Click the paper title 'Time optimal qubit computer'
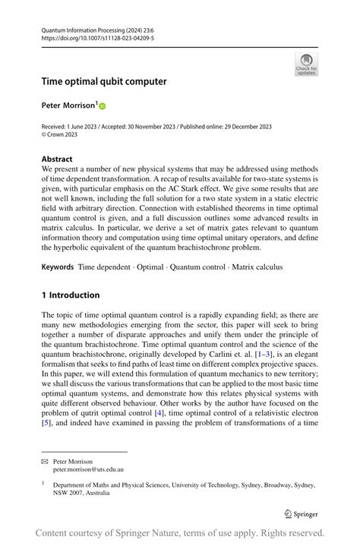[104, 81]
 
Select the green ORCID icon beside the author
[103, 107]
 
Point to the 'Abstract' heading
[58, 159]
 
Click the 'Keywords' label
[58, 267]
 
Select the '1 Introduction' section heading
[71, 295]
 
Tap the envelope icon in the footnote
[46, 461]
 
